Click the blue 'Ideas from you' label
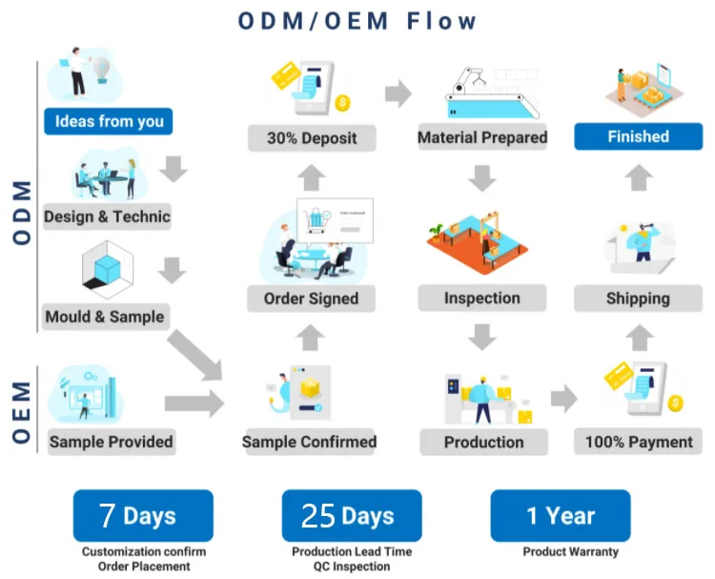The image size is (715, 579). (x=109, y=121)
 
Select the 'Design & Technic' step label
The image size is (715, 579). (x=107, y=217)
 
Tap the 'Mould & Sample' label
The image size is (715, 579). (x=105, y=317)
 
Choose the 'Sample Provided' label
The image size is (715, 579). (x=111, y=442)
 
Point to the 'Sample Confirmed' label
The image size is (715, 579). (x=309, y=442)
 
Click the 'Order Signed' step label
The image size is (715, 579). (x=310, y=299)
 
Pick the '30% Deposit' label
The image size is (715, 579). (x=310, y=137)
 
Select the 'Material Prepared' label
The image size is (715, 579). (x=482, y=137)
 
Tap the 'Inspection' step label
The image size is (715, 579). (x=482, y=299)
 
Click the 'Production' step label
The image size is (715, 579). (x=483, y=442)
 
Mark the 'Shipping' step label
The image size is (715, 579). (x=638, y=299)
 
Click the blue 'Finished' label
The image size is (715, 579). (x=638, y=136)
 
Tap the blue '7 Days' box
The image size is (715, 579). (x=143, y=516)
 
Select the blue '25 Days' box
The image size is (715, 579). (x=351, y=516)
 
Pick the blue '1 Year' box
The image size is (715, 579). (x=560, y=516)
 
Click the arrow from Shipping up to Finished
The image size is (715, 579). (x=641, y=177)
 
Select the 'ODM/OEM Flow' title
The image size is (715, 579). (x=357, y=20)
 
